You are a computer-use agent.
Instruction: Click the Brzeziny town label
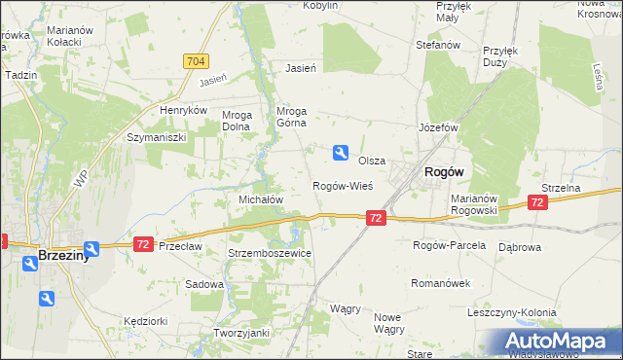point(64,256)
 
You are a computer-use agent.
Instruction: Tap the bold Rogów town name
point(443,171)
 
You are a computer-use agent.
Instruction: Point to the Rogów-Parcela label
point(449,245)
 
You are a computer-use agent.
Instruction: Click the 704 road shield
point(195,60)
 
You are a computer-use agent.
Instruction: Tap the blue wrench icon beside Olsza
point(340,151)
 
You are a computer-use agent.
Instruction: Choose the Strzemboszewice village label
point(270,253)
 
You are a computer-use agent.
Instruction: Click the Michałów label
point(261,198)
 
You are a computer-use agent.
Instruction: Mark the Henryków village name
point(185,111)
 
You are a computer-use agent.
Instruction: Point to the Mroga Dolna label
point(237,120)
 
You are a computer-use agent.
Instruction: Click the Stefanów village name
point(437,45)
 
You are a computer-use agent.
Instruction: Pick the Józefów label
point(438,127)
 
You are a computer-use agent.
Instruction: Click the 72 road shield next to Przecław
point(143,243)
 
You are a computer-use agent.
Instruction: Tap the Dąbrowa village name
point(520,247)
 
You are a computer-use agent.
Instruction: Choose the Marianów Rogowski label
point(474,204)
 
